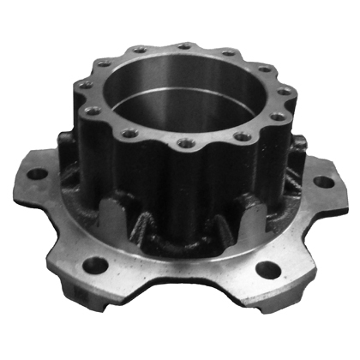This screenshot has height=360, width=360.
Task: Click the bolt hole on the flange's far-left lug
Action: (x=37, y=173)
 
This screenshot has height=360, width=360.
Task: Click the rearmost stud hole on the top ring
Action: (x=183, y=46)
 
